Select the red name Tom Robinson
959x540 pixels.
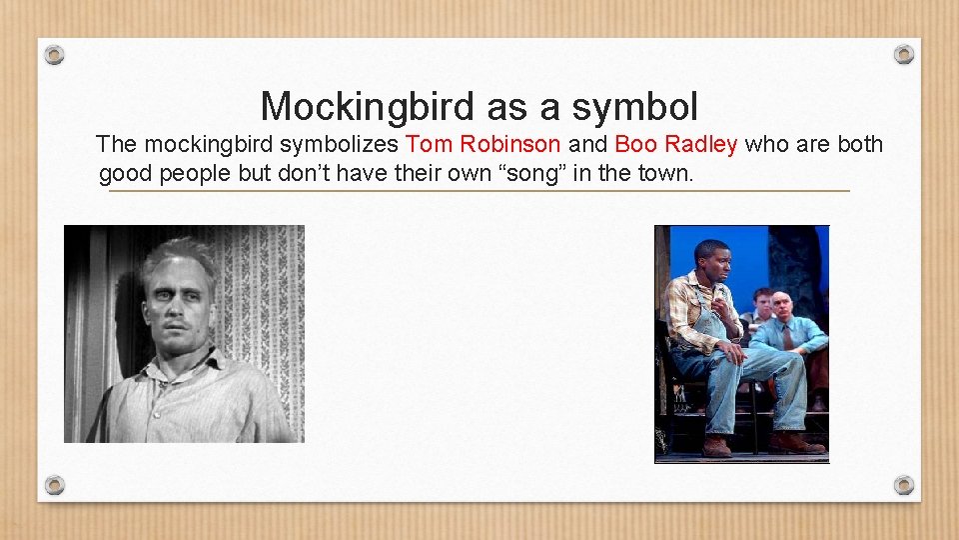tap(483, 145)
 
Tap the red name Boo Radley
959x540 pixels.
tap(676, 145)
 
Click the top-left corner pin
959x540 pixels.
tap(56, 54)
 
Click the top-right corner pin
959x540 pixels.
tap(903, 54)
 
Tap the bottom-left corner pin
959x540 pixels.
tap(56, 485)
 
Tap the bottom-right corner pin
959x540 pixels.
tap(903, 485)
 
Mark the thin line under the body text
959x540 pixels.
tap(479, 190)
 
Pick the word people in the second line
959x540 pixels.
tap(197, 174)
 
